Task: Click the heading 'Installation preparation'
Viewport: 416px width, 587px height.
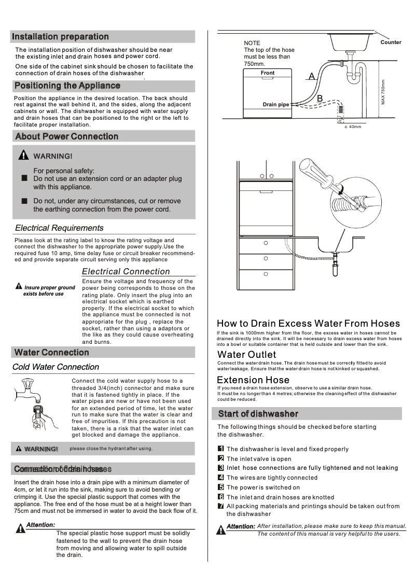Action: coord(60,37)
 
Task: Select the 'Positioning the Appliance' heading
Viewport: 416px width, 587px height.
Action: coord(67,86)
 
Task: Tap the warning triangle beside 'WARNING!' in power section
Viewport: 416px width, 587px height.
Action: coord(23,156)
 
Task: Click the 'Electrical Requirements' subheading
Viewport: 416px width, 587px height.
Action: coord(59,228)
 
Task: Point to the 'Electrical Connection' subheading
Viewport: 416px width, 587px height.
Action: coord(126,272)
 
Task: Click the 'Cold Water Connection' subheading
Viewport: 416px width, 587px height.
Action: coord(56,367)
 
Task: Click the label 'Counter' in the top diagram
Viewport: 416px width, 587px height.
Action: coord(391,43)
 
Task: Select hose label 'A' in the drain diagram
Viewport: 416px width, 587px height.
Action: coord(311,77)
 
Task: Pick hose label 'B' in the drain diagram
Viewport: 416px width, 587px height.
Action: coord(320,99)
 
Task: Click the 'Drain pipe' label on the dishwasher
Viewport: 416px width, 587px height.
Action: coord(276,105)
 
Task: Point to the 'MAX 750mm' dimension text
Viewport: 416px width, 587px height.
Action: coord(383,91)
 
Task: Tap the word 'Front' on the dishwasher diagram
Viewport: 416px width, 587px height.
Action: coord(268,73)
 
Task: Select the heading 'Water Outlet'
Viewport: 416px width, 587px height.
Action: coord(246,355)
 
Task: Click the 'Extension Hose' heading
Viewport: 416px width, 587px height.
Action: coord(253,380)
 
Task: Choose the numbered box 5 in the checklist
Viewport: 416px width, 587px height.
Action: coord(220,487)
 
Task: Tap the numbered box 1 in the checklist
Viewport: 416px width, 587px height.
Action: coord(220,449)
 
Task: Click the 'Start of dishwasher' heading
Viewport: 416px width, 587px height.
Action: coord(258,414)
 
